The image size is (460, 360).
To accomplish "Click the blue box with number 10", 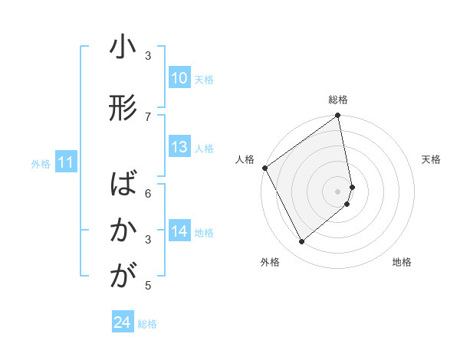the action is tap(179, 78).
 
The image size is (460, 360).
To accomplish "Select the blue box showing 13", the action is tap(179, 148).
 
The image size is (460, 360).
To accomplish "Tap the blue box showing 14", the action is tap(179, 232).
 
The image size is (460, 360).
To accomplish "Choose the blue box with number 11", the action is tap(66, 162).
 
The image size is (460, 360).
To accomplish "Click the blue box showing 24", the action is tap(123, 322).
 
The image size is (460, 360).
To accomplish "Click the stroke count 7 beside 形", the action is tap(149, 116).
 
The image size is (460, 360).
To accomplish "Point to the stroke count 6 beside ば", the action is tap(149, 193).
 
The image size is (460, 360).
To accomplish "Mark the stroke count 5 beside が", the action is tap(149, 286).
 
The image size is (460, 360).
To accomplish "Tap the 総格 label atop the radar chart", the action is tap(338, 100).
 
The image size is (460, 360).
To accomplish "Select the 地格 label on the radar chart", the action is tap(402, 263).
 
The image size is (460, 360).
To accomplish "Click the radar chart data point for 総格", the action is tap(338, 116).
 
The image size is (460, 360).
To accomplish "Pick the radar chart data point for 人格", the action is tap(264, 168).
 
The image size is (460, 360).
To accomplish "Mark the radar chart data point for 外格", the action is tap(301, 242).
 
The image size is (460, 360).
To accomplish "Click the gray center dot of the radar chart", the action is tap(338, 191).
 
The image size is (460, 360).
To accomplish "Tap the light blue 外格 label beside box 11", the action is tap(39, 163).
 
